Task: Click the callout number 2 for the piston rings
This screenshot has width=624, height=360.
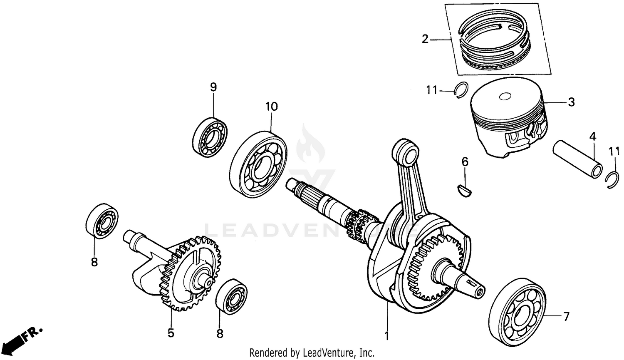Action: [424, 39]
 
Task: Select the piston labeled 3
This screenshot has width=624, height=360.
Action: [509, 119]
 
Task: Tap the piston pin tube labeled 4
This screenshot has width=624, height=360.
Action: [577, 159]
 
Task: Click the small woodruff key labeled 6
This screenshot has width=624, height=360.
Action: [465, 189]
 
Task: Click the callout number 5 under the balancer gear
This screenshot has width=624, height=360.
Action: [171, 333]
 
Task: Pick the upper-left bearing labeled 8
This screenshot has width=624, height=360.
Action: [102, 221]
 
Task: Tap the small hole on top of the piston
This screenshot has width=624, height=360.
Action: [505, 96]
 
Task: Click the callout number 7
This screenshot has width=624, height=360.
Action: [565, 317]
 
